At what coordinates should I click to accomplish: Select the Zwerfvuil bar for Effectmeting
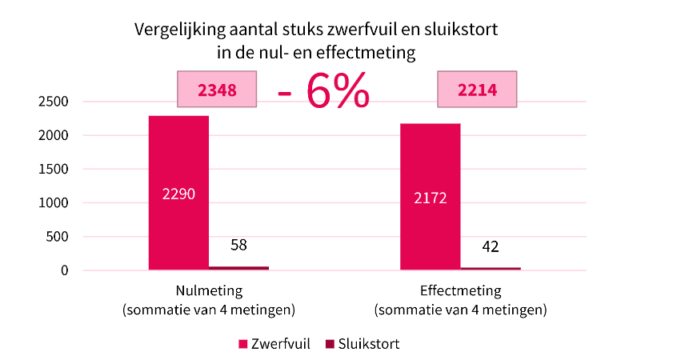(x=430, y=160)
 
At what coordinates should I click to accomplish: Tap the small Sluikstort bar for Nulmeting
(x=238, y=267)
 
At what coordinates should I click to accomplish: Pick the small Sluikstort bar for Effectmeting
(x=491, y=268)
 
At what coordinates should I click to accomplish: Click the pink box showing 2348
(x=217, y=90)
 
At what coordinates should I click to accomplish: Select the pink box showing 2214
(x=477, y=90)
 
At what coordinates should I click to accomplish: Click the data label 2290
(x=178, y=194)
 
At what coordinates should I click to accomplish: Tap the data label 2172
(x=430, y=197)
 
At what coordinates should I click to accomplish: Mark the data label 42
(x=491, y=246)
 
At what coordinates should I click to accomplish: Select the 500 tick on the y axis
(x=58, y=237)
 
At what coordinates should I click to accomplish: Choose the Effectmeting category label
(x=460, y=291)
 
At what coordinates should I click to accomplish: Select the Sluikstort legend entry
(x=362, y=344)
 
